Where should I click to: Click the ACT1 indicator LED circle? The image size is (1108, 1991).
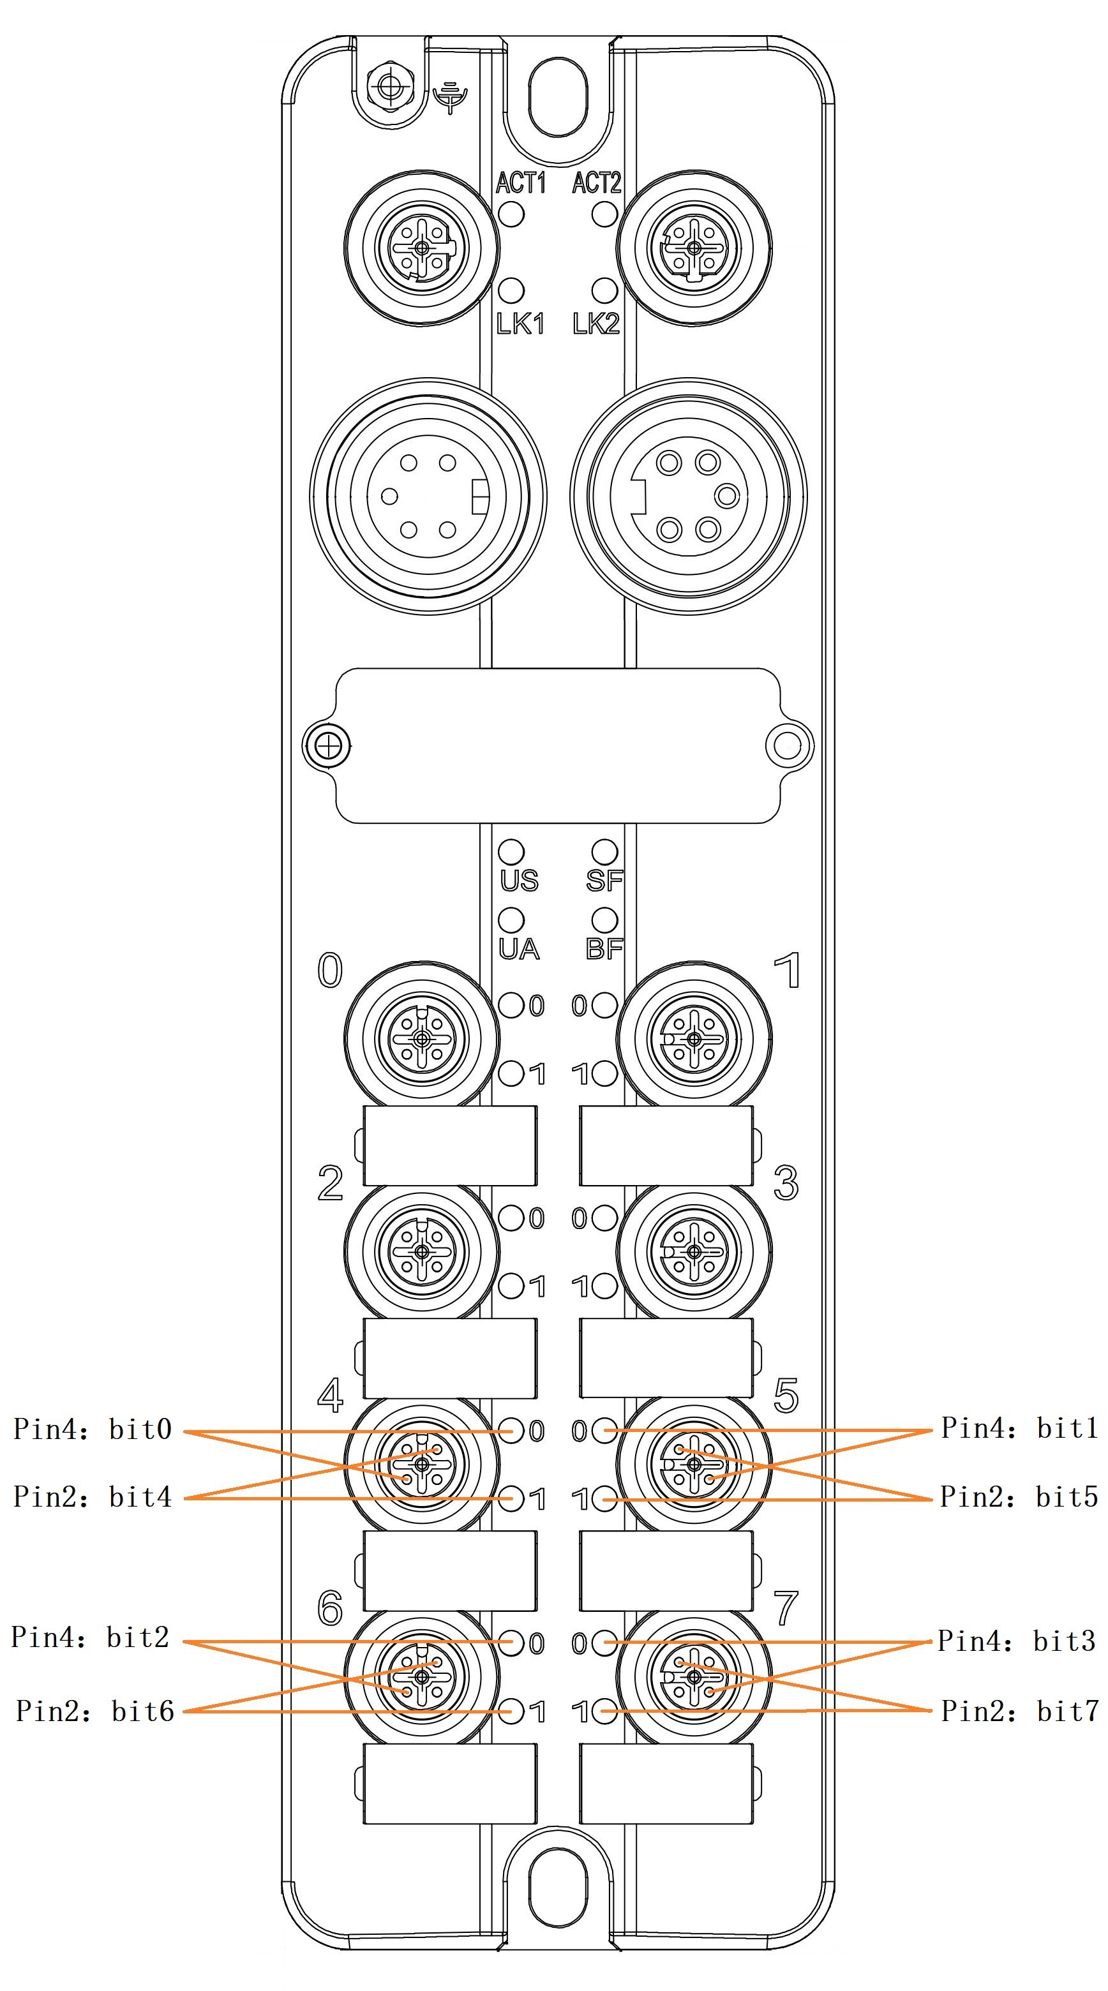(511, 213)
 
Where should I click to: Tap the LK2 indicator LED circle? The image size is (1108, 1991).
(604, 290)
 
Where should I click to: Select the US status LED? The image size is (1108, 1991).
(511, 851)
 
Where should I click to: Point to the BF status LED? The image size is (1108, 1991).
(604, 920)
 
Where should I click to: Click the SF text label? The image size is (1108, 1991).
(604, 881)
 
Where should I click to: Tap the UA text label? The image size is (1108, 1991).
(519, 948)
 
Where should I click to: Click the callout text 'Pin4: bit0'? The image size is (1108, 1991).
(93, 1429)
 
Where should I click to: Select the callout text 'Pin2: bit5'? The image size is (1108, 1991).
(1018, 1497)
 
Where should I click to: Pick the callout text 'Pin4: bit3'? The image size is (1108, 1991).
(1016, 1640)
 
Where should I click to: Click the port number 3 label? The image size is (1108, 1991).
(786, 1182)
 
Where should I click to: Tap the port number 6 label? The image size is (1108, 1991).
(330, 1608)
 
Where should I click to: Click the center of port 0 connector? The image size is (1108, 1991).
(421, 1039)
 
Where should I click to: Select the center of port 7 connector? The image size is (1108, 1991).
(694, 1676)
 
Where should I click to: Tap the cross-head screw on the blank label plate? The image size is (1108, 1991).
(329, 746)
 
